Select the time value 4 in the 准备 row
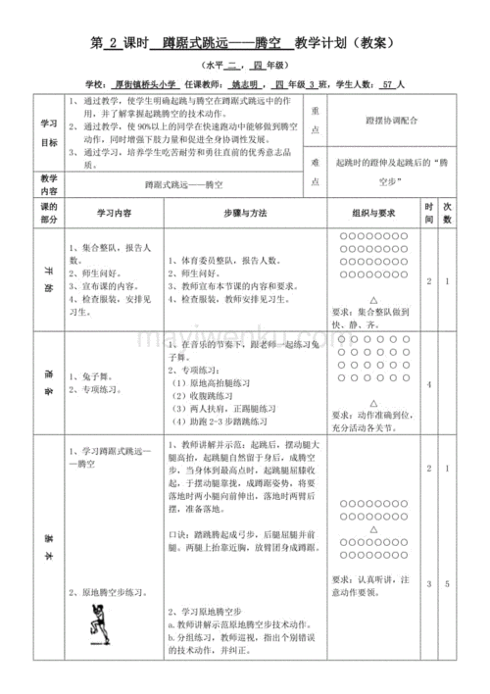(428, 384)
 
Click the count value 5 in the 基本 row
(447, 584)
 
